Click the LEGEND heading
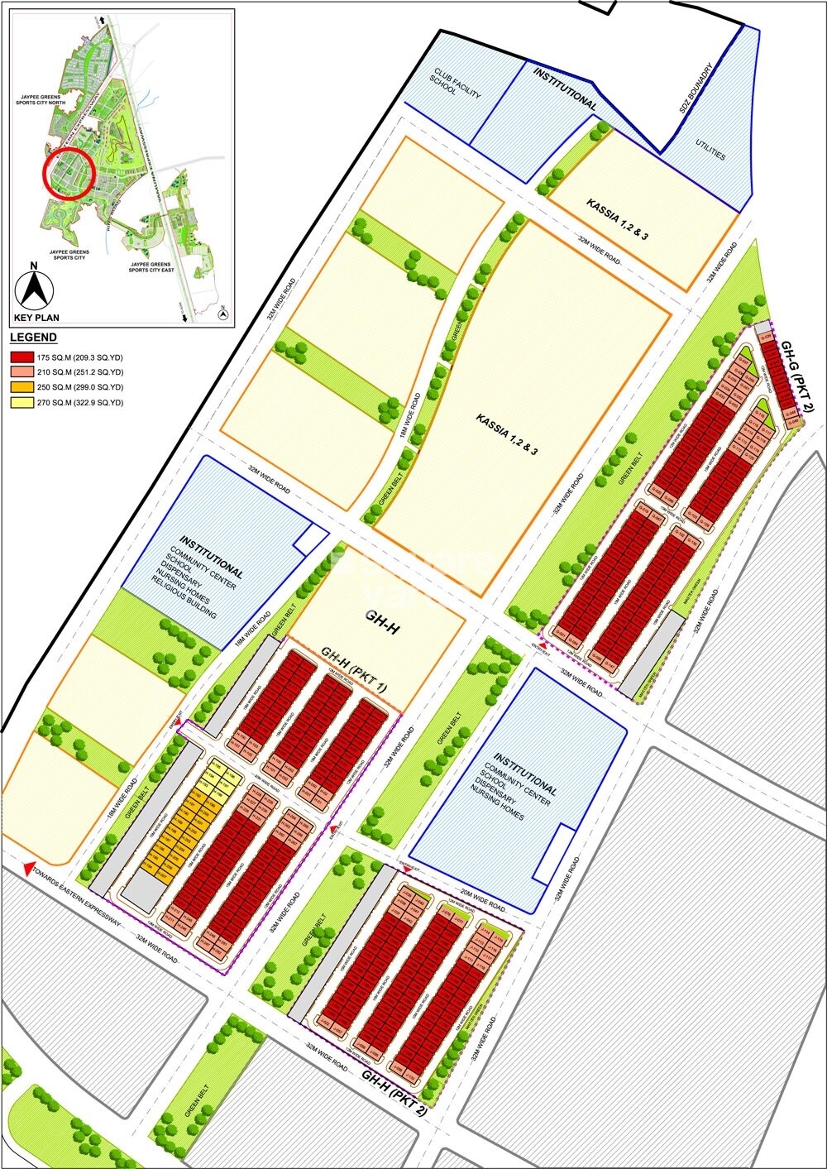point(33,338)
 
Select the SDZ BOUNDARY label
point(691,91)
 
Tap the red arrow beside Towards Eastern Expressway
point(29,869)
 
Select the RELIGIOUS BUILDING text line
point(184,596)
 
